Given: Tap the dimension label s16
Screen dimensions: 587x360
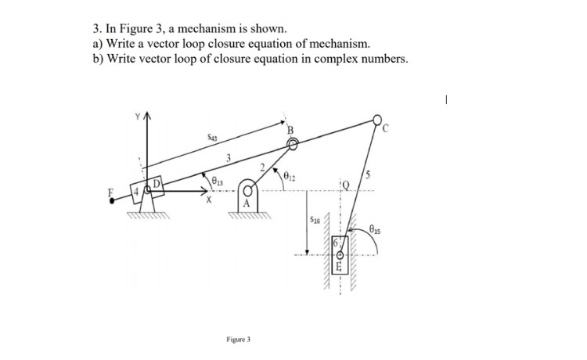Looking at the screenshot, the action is (314, 221).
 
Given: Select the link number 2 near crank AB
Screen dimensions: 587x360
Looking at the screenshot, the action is (266, 164).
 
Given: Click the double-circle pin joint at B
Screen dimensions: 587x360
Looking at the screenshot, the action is (291, 144).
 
